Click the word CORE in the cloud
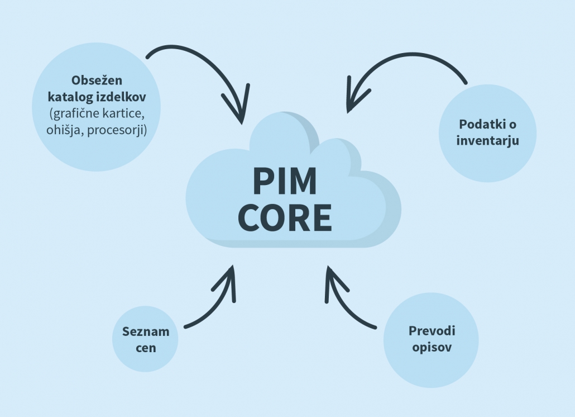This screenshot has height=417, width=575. coord(285,218)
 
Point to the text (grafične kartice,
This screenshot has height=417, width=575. coord(97,114)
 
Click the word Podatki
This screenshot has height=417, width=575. coord(483,124)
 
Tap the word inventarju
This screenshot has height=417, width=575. coord(487,140)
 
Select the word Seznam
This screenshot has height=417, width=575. coord(146,331)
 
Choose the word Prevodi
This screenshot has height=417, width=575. coord(432,331)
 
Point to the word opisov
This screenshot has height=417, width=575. coord(432,347)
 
